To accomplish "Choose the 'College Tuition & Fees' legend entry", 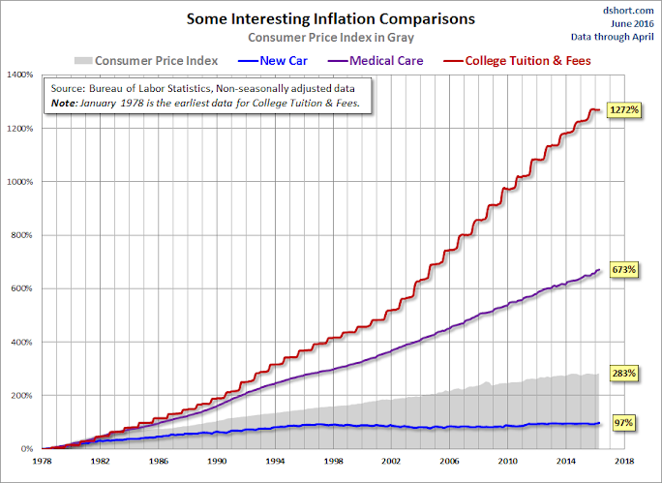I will [529, 61].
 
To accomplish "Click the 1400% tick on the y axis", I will [21, 75].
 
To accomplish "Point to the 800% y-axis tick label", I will [23, 235].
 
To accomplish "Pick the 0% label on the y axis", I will [29, 449].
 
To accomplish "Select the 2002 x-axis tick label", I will [390, 463].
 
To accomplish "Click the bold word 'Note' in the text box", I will [68, 103].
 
